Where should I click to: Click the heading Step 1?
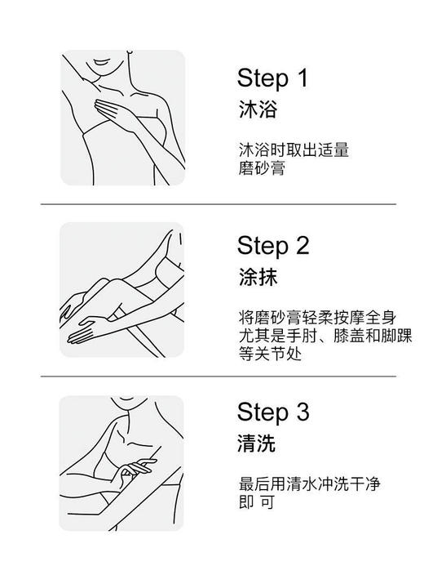(x=272, y=78)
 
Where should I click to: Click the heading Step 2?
(x=273, y=246)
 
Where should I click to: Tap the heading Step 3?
(x=273, y=412)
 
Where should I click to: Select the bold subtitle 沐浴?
(x=258, y=109)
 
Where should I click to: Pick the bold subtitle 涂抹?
(x=258, y=277)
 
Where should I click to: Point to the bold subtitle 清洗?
(x=257, y=443)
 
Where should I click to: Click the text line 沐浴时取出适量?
(x=294, y=150)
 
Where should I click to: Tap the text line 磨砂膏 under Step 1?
(x=262, y=168)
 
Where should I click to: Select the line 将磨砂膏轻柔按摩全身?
(x=317, y=318)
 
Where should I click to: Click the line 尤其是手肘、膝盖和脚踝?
(x=325, y=336)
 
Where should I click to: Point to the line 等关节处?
(x=270, y=354)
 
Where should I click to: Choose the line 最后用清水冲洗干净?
(x=309, y=484)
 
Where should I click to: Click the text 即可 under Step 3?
(x=257, y=501)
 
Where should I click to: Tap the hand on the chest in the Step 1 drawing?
(x=113, y=111)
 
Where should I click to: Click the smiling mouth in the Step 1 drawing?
(x=104, y=62)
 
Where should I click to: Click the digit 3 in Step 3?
(x=303, y=412)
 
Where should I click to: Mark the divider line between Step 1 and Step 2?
(x=218, y=204)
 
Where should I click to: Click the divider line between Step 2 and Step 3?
(x=218, y=377)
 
